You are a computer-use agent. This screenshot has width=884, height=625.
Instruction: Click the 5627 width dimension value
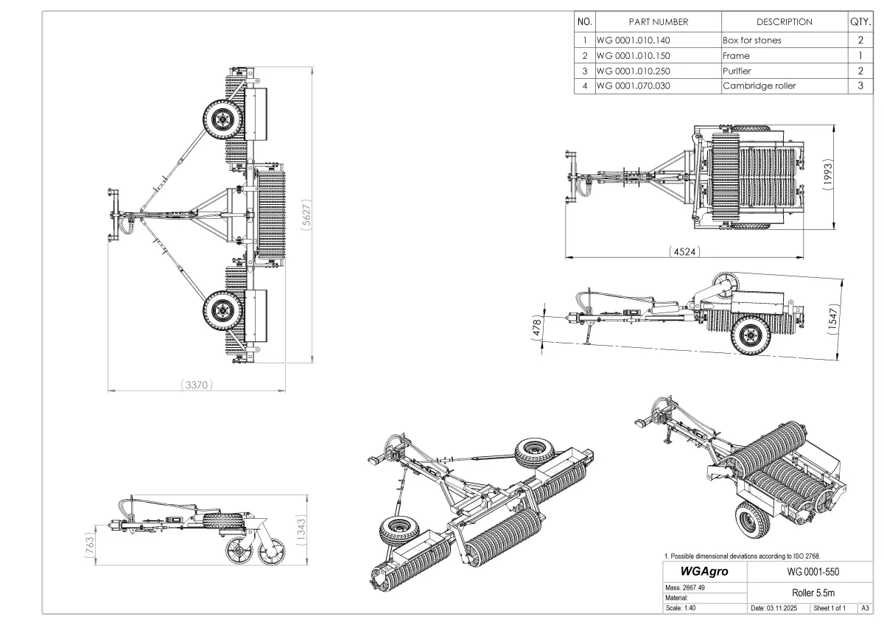coord(306,214)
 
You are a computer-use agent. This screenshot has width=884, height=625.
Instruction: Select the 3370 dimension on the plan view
coord(197,385)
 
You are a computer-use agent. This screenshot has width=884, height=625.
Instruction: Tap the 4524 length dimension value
coord(684,251)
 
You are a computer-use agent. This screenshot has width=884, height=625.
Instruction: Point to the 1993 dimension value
coord(827,174)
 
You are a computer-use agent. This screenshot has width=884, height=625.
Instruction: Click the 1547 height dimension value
coord(832,319)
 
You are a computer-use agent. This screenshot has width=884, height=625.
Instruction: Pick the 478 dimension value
coord(537,328)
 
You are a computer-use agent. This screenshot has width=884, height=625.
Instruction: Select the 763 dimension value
coord(90,545)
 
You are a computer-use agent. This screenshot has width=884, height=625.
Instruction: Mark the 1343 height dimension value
coord(301,530)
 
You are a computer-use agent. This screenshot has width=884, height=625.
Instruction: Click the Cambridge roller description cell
coord(760,85)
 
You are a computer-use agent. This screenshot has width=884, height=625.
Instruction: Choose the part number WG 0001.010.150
coord(633,56)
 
